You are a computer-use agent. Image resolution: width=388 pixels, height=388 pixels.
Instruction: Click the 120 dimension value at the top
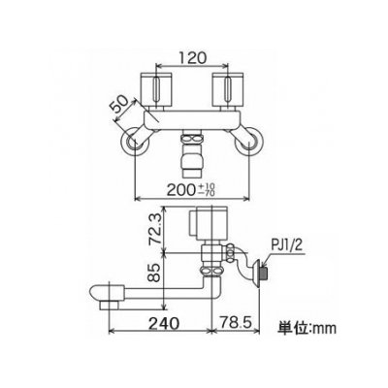(x=191, y=58)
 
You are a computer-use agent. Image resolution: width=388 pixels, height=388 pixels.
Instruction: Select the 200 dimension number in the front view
(x=179, y=190)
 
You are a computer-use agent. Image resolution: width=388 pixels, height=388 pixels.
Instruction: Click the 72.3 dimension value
(x=155, y=231)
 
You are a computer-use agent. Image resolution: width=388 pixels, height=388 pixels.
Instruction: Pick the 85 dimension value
(x=155, y=273)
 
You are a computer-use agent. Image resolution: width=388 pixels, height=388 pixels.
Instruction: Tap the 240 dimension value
(x=164, y=323)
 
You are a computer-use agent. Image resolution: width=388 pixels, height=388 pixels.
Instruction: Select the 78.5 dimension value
(x=235, y=323)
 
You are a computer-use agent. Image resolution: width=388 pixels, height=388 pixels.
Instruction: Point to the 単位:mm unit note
(x=307, y=328)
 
